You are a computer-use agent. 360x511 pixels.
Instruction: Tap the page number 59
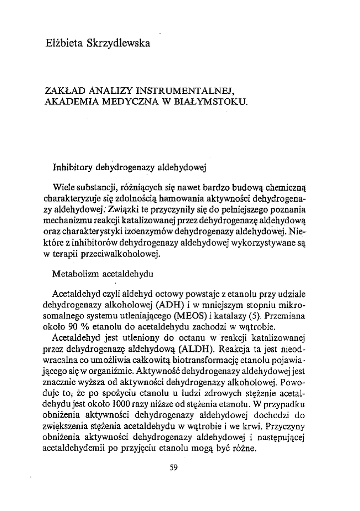[x=174, y=467]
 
